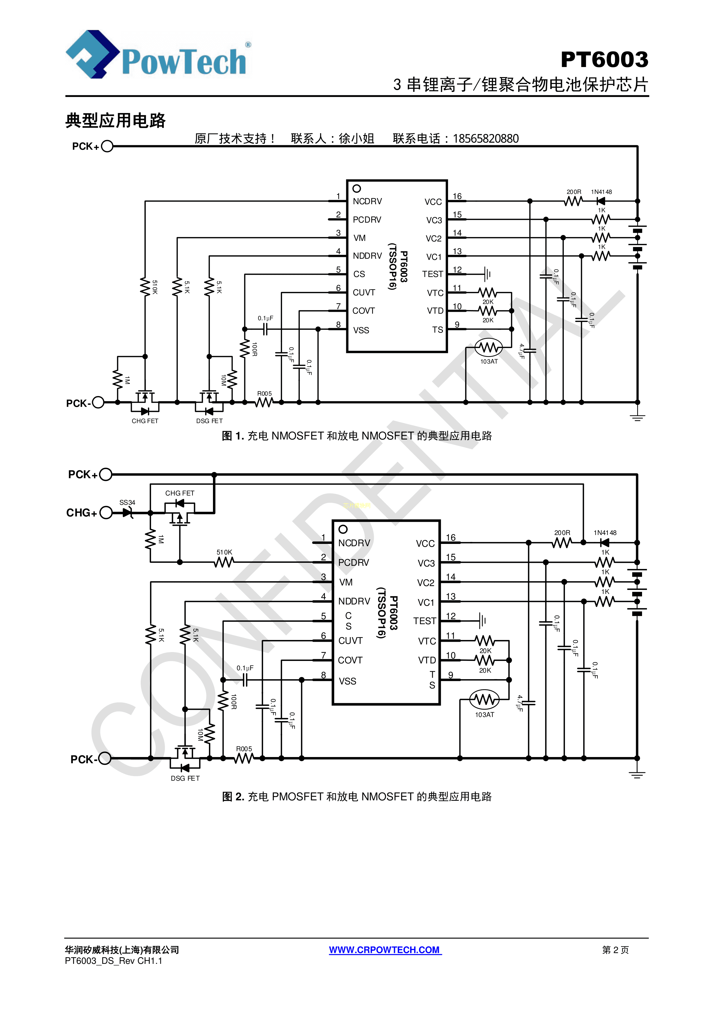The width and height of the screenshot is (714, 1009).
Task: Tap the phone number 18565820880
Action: pos(485,139)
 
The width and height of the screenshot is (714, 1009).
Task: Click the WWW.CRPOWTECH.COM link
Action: pos(385,950)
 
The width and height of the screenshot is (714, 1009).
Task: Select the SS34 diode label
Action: pos(127,502)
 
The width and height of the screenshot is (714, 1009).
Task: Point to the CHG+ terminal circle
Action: pos(106,513)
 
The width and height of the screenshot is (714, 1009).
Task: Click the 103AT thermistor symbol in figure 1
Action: pos(488,348)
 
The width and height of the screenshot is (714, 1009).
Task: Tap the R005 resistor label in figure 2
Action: pos(244,749)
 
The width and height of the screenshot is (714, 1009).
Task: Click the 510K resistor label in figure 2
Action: pos(224,553)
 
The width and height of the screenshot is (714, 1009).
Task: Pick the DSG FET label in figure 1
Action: pos(209,421)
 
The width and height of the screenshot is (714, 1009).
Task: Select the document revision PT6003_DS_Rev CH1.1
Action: pos(113,961)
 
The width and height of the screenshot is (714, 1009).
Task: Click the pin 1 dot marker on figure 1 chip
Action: pos(357,188)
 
